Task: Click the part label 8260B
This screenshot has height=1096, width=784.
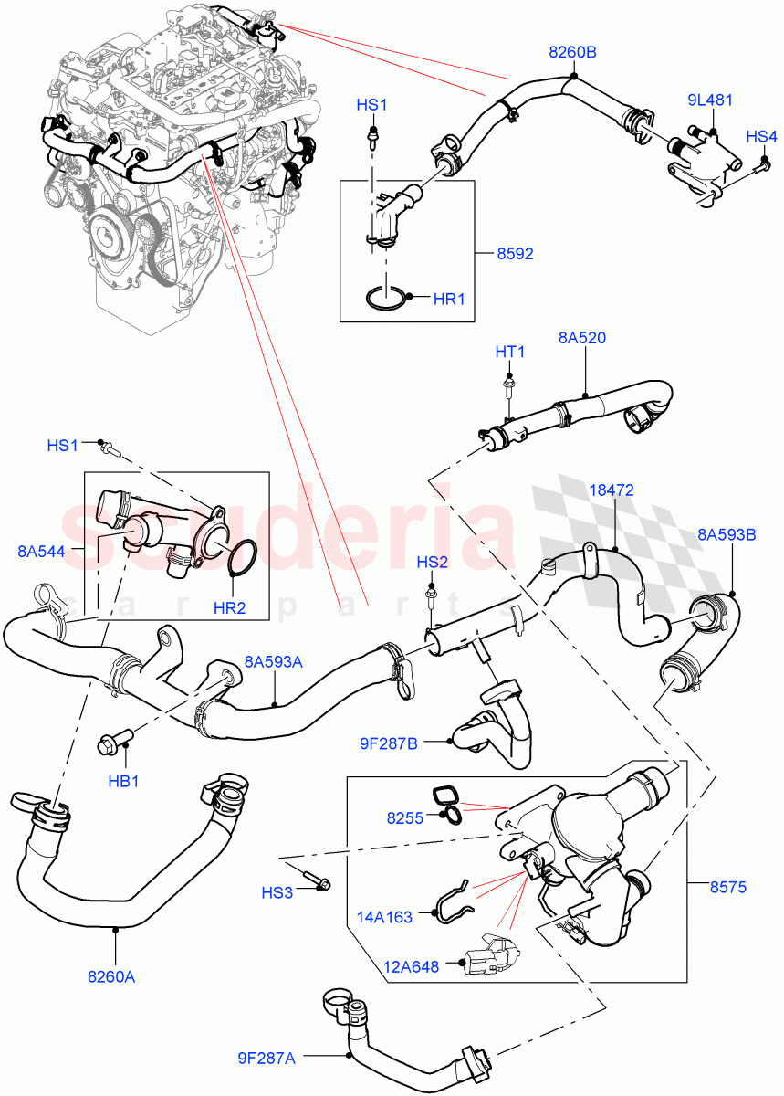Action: (572, 52)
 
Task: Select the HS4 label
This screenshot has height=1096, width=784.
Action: (761, 136)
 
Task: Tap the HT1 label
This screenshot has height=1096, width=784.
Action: (509, 352)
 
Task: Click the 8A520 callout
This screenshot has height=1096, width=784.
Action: (582, 338)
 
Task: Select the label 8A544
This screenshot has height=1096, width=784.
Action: (40, 551)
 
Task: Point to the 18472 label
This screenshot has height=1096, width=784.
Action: (611, 490)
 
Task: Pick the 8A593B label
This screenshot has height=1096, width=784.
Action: (727, 534)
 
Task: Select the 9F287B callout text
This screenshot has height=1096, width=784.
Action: (389, 743)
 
